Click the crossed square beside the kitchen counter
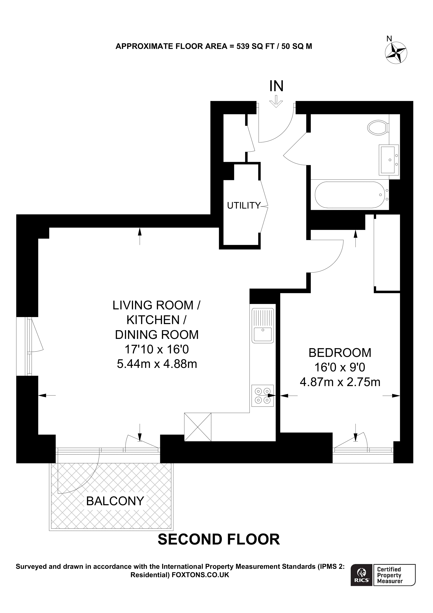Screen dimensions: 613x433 tap(198, 427)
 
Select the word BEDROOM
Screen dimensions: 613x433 tap(340, 353)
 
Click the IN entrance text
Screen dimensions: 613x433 tap(276, 86)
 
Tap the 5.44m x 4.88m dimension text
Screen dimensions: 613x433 tap(157, 364)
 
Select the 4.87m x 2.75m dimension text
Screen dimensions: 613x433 tap(340, 382)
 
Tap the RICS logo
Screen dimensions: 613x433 tap(362, 580)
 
